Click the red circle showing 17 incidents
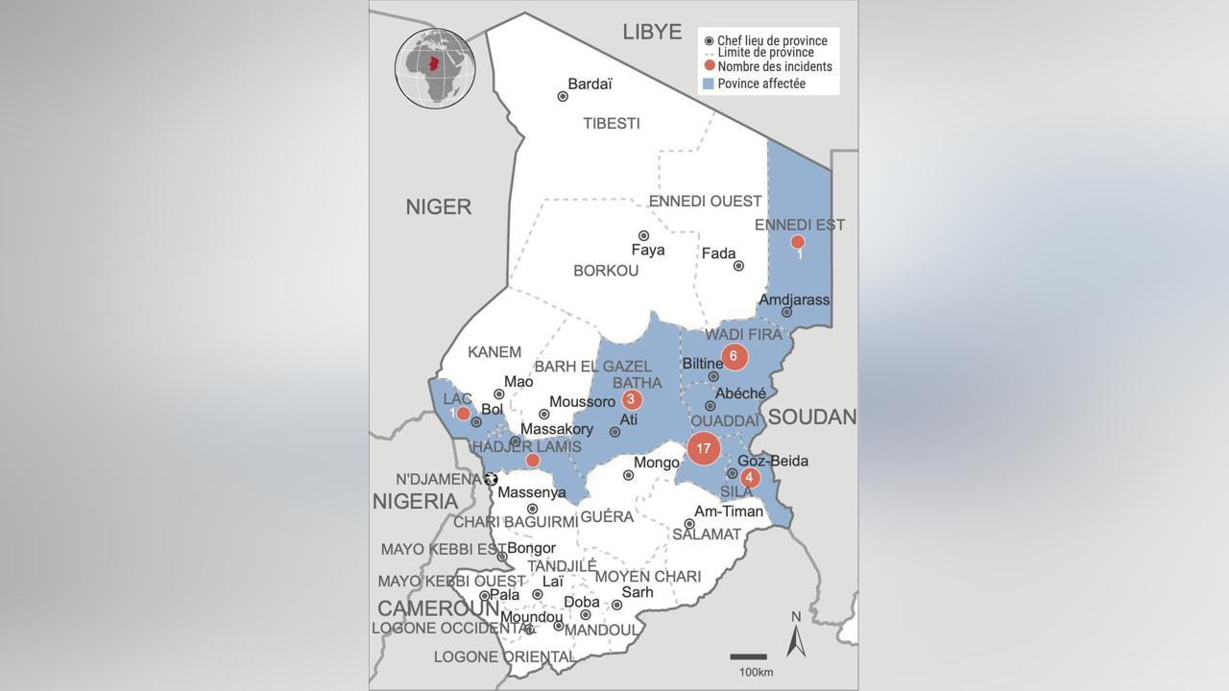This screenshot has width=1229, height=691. click(x=704, y=448)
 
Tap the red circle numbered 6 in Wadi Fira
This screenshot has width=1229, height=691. click(x=734, y=357)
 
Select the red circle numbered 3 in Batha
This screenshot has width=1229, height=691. click(x=631, y=400)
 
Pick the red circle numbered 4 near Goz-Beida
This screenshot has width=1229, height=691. click(x=749, y=477)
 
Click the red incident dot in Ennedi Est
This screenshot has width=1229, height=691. click(x=797, y=242)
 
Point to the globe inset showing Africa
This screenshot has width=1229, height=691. click(x=435, y=68)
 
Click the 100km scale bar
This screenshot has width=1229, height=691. click(x=748, y=657)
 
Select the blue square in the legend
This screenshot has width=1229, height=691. click(x=709, y=84)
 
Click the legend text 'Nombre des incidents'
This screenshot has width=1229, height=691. click(x=775, y=67)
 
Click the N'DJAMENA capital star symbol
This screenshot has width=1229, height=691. click(x=492, y=479)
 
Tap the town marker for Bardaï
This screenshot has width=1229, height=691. click(x=563, y=96)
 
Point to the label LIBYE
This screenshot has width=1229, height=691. click(x=652, y=31)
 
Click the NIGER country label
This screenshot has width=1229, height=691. click(x=438, y=206)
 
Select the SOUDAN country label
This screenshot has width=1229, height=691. click(x=811, y=417)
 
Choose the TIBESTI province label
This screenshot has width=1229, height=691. click(x=611, y=124)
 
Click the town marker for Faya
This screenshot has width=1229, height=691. click(x=643, y=235)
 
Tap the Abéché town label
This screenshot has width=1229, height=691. click(x=741, y=393)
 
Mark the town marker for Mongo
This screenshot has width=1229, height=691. click(x=628, y=475)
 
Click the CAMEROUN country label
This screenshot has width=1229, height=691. click(x=438, y=608)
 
